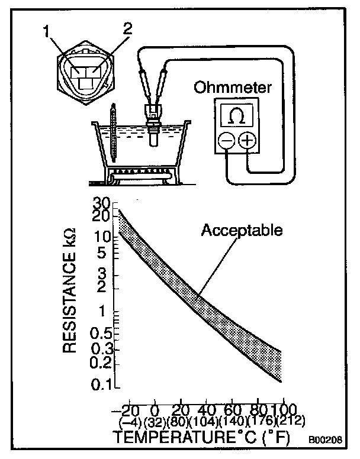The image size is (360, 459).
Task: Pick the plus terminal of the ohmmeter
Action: coord(247,141)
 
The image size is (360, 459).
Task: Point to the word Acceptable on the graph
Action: coord(241,229)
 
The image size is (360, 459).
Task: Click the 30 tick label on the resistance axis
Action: coord(102,202)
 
